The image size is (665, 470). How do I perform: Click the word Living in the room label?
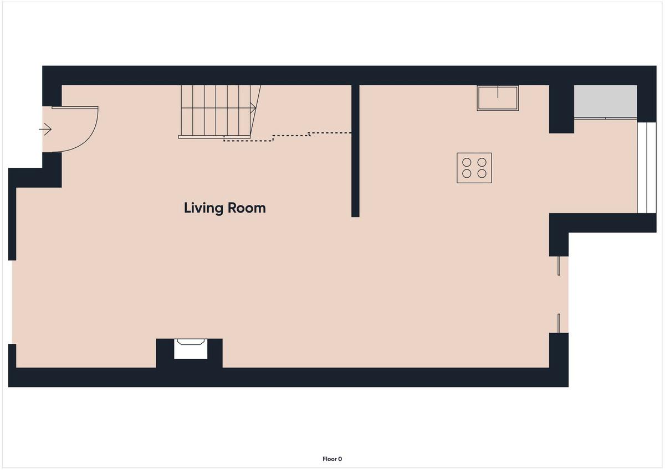[203, 209]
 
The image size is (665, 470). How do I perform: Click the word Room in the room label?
[247, 208]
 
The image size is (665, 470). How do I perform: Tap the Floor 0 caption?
[332, 459]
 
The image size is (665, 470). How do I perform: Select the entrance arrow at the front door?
[45, 130]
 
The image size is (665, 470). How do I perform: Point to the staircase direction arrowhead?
[253, 109]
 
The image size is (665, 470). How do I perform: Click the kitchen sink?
[498, 98]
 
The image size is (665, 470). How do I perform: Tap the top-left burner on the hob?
[467, 162]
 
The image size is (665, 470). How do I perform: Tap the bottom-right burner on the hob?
[482, 173]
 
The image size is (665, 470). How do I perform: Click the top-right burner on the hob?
[482, 162]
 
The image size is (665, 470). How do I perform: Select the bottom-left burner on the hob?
[467, 173]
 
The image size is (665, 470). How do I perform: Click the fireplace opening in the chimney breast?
[191, 349]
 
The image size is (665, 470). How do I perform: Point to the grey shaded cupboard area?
[605, 101]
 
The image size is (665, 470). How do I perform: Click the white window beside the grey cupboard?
[647, 168]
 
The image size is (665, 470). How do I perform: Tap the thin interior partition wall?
[355, 151]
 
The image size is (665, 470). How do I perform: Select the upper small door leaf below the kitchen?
[559, 266]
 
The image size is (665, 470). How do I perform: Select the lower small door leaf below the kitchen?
[559, 323]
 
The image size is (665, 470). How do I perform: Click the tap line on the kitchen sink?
[498, 92]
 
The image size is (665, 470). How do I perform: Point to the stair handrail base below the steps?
[214, 137]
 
